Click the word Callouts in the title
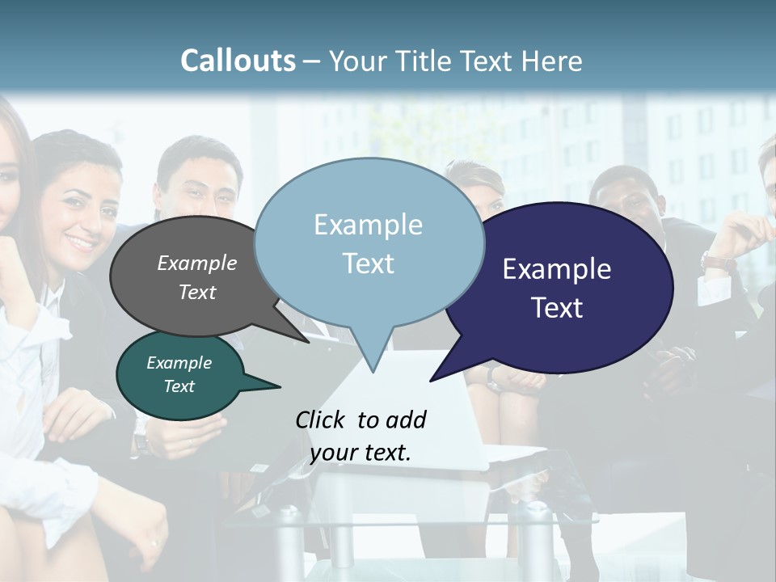point(238,61)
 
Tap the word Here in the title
point(554,61)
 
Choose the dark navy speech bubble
point(566,287)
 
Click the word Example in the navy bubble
point(557,269)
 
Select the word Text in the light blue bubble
point(369,264)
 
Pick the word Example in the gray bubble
point(196,264)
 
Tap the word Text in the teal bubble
point(179,386)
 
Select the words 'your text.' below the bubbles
point(361,453)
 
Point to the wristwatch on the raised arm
point(718,262)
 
